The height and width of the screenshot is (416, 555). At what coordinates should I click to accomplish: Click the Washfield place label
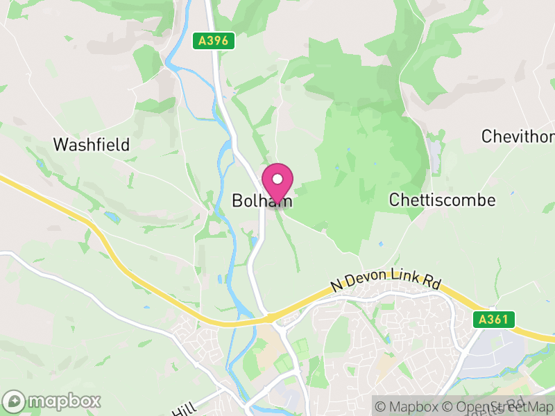click(92, 145)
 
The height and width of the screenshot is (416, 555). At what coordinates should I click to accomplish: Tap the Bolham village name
click(261, 201)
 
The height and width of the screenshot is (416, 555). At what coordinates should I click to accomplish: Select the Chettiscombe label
click(443, 200)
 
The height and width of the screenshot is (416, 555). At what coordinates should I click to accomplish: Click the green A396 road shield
click(212, 41)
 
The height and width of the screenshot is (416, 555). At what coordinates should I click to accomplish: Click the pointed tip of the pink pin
click(277, 205)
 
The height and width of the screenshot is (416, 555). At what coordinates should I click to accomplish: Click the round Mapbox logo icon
click(15, 401)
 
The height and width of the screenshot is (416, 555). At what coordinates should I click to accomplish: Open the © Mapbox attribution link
click(409, 406)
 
